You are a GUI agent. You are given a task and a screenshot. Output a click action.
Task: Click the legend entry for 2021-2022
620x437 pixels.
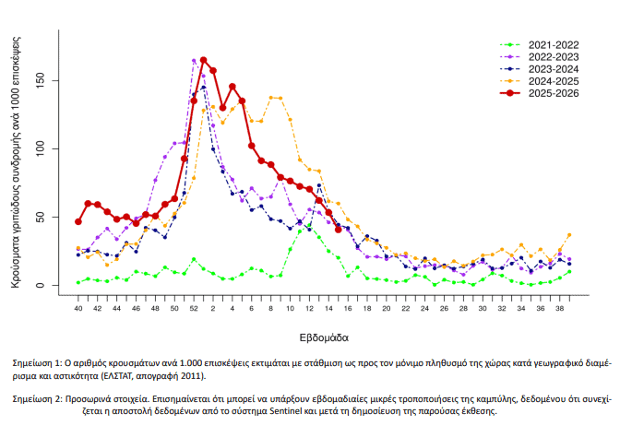[553, 44]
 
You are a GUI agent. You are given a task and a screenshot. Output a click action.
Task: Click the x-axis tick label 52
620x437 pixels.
[194, 307]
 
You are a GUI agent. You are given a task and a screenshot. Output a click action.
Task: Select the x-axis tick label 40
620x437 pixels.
[78, 307]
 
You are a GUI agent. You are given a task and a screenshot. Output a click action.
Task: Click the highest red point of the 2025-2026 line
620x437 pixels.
[203, 61]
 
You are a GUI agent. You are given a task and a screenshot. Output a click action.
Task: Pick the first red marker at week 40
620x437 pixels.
[78, 221]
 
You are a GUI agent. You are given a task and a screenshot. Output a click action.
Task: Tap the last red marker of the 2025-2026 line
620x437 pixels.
[339, 230]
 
